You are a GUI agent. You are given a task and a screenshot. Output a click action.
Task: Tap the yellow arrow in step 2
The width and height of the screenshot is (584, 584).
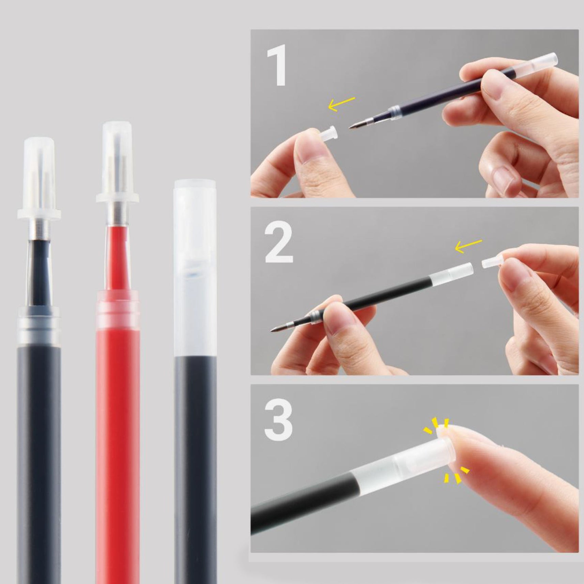(x=468, y=246)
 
